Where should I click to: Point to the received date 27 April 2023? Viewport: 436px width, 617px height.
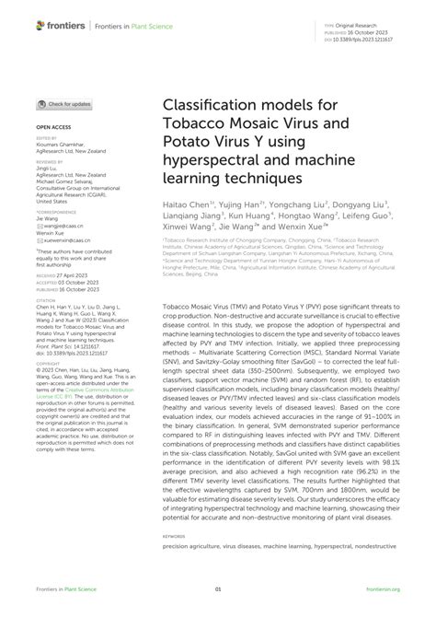tap(60, 274)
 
